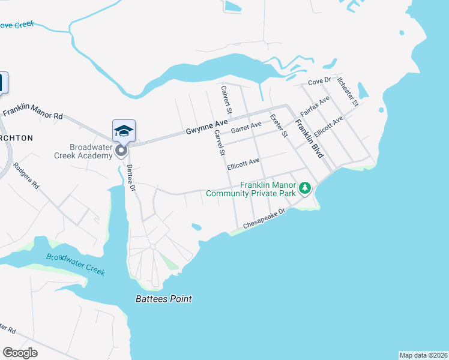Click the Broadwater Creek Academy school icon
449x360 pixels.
[x=124, y=131]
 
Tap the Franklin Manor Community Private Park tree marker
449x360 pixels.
[x=305, y=189]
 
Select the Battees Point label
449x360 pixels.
[x=163, y=299]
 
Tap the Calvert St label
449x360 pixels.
[x=226, y=100]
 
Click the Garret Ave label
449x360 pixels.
[x=247, y=127]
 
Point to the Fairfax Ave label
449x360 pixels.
[x=315, y=106]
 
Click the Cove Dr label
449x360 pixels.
[x=319, y=81]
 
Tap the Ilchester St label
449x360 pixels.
[x=348, y=91]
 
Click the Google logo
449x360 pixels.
[x=20, y=352]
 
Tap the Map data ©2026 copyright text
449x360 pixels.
[x=423, y=355]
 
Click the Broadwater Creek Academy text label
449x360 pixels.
[x=91, y=151]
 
